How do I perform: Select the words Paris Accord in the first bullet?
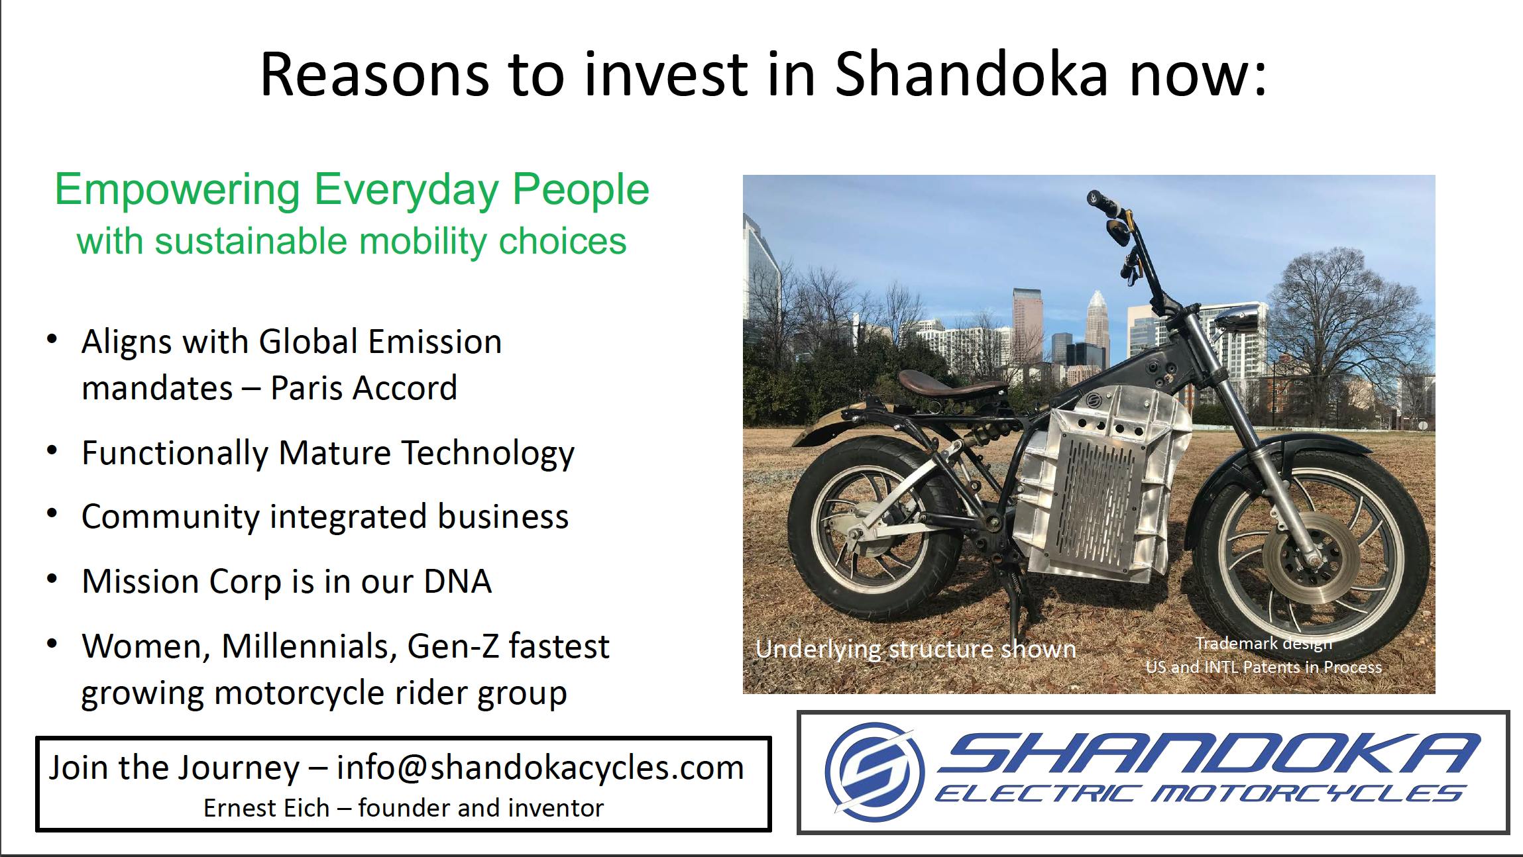tap(364, 388)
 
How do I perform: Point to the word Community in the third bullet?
tap(170, 518)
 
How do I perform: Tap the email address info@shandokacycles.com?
tap(540, 768)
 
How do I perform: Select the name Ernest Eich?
tap(266, 808)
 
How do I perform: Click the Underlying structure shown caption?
tap(915, 649)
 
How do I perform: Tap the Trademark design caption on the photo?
tap(1264, 643)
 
